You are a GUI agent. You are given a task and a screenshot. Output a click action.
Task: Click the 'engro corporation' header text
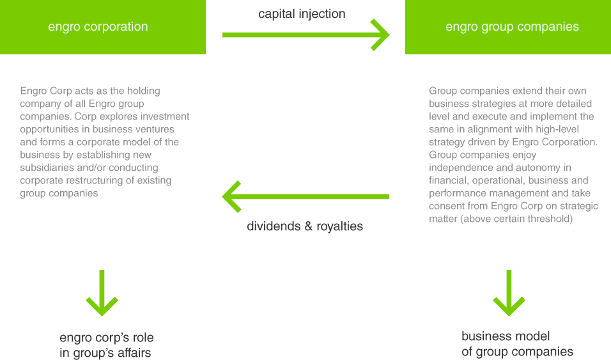click(x=98, y=27)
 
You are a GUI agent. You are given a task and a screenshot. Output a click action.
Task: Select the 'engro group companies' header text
click(x=512, y=27)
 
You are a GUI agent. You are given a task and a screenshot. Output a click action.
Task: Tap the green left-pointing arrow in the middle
click(x=305, y=196)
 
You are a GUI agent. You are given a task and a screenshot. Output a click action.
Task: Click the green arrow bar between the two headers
click(x=306, y=35)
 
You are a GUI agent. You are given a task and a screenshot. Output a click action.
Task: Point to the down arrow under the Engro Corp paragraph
click(x=102, y=293)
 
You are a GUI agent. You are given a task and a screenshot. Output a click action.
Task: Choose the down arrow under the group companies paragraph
click(x=510, y=293)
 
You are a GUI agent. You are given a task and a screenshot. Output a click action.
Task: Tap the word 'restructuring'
click(x=98, y=180)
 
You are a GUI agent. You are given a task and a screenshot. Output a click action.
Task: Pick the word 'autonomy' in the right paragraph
click(x=536, y=168)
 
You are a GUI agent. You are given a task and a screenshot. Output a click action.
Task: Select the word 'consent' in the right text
click(x=447, y=206)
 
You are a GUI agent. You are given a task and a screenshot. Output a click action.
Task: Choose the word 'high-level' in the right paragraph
click(x=557, y=129)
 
